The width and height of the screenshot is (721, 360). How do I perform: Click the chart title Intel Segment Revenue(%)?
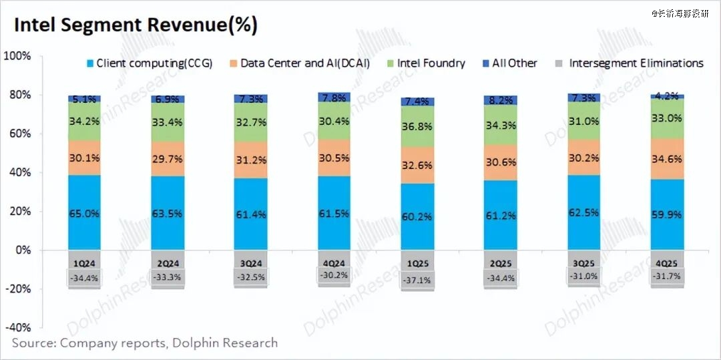[136, 25]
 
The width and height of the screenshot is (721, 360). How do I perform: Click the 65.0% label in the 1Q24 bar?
[84, 214]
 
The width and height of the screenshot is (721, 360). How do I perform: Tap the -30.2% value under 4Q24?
[334, 275]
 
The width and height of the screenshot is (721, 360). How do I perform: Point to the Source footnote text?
[144, 343]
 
